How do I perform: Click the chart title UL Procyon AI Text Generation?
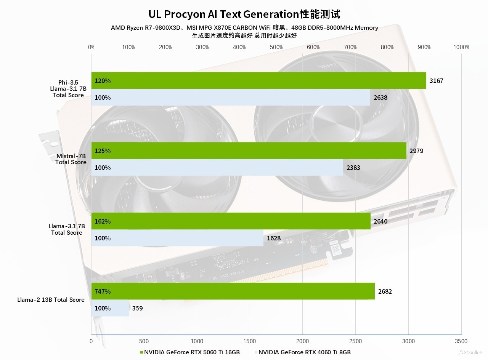click(x=244, y=14)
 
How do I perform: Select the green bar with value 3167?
click(x=258, y=80)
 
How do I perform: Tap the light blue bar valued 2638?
click(x=231, y=98)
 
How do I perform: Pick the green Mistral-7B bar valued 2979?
click(x=249, y=151)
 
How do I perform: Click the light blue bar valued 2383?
click(x=217, y=168)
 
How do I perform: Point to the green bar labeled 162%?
click(x=231, y=221)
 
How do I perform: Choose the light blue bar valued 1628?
click(x=177, y=238)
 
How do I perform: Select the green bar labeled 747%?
click(x=233, y=291)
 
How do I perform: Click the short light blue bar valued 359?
click(x=111, y=308)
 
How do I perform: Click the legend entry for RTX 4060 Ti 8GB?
click(x=304, y=352)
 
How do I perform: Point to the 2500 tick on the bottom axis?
click(x=355, y=341)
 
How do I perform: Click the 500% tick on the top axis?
click(x=276, y=47)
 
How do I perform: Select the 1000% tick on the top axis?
click(x=461, y=47)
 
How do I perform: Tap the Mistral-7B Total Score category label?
click(x=71, y=159)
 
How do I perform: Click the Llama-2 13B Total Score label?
click(x=51, y=299)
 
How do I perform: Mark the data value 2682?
click(x=385, y=291)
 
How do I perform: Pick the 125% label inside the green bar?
click(x=103, y=151)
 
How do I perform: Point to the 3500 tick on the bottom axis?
click(x=461, y=341)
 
